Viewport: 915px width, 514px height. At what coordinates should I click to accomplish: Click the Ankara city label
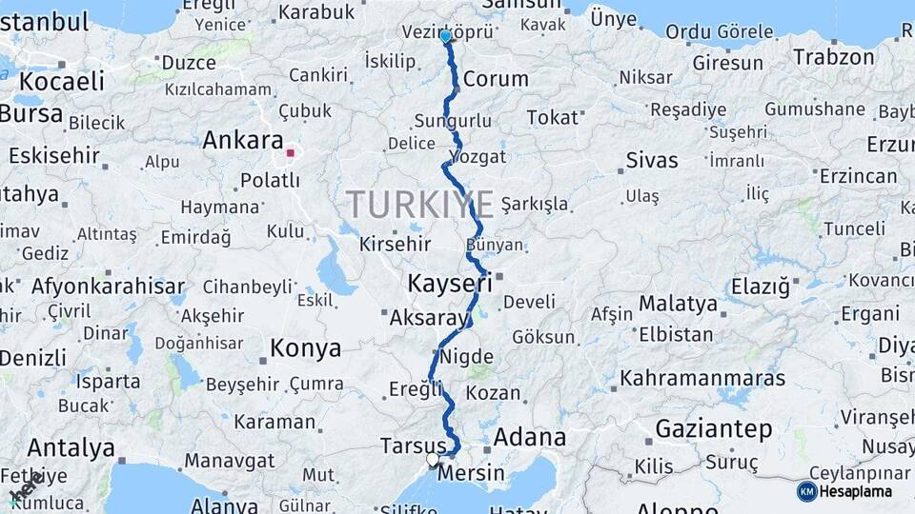click(243, 141)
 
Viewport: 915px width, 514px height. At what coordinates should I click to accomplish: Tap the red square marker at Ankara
click(291, 152)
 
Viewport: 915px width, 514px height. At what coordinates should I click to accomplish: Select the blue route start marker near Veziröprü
click(445, 36)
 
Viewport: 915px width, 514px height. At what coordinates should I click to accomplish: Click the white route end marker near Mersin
click(433, 460)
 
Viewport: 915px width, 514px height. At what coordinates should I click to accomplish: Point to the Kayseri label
click(450, 283)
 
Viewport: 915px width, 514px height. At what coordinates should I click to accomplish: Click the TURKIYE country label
click(419, 204)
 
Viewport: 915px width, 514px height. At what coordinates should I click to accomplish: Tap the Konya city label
click(305, 348)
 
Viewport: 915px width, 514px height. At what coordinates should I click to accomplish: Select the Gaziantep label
click(714, 429)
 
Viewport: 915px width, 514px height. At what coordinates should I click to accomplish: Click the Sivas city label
click(652, 159)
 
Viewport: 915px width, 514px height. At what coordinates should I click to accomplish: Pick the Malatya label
click(678, 304)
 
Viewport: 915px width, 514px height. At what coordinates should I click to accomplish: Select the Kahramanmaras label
click(702, 378)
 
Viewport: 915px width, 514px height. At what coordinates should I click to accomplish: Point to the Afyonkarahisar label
click(108, 286)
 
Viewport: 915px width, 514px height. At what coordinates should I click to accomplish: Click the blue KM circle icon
click(806, 491)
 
